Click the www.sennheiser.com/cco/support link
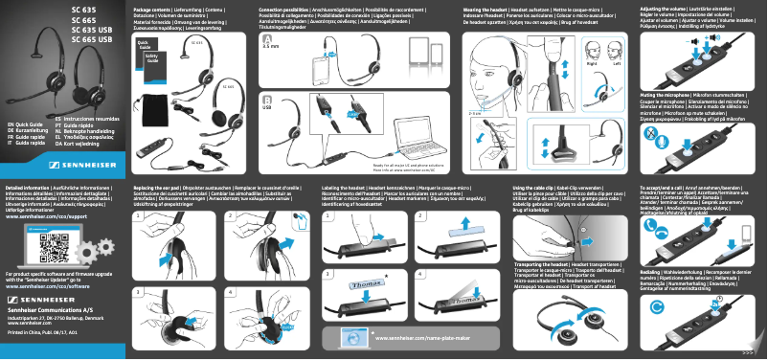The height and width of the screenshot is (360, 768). tap(47, 216)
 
